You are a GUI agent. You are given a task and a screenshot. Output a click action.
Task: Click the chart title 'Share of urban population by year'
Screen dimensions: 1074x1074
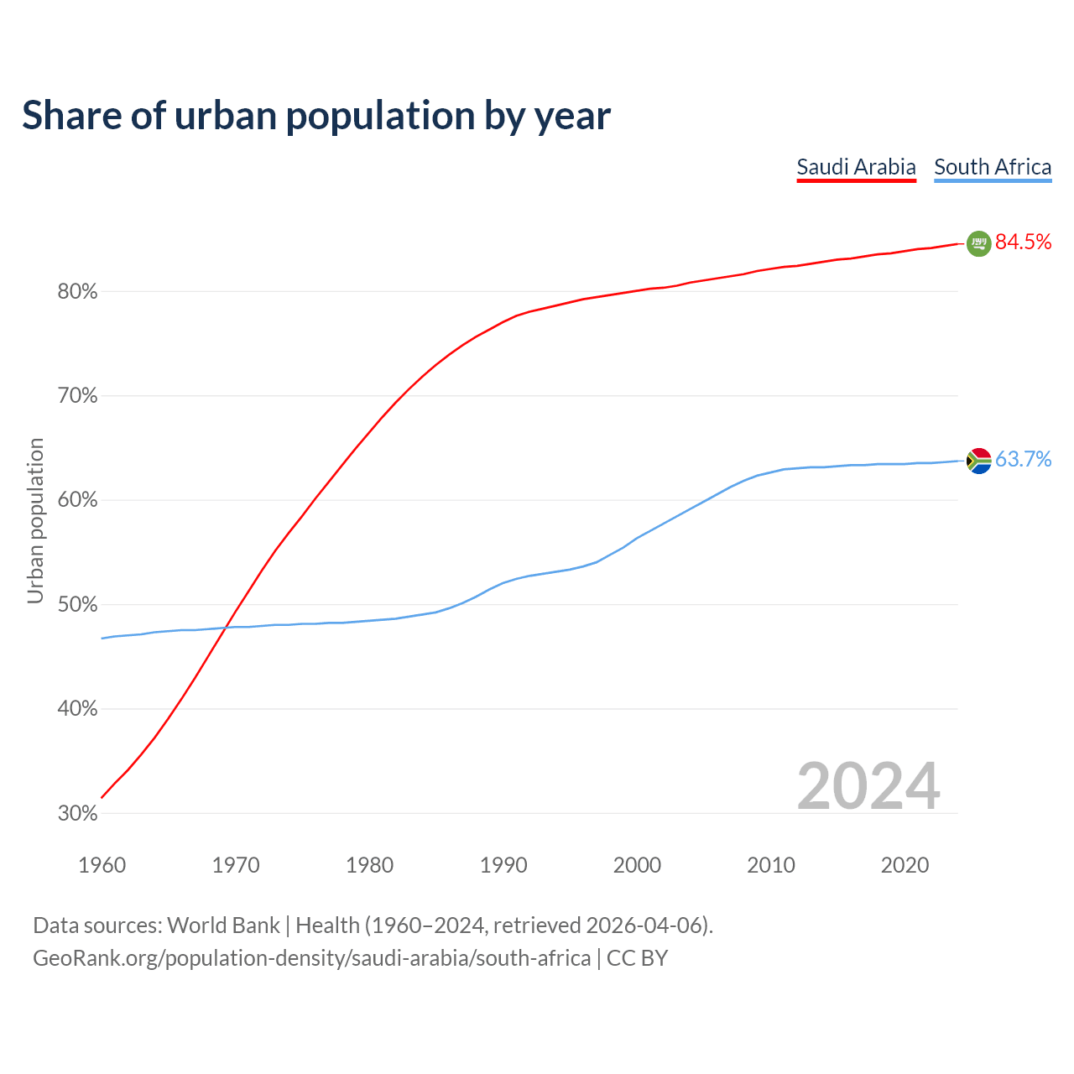(x=316, y=116)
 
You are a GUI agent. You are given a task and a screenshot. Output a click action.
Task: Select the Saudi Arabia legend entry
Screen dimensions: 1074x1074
(x=856, y=167)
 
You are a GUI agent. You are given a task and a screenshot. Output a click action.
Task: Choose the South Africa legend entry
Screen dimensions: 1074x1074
(x=993, y=167)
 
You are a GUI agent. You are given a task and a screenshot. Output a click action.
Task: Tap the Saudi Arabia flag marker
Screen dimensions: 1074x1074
(x=978, y=243)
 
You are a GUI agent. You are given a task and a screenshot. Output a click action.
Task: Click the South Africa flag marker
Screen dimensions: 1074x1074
(x=978, y=461)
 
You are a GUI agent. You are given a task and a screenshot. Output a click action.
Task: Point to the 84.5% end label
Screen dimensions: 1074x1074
(x=1024, y=242)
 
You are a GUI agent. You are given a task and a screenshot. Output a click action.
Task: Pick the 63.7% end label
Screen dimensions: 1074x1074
(x=1024, y=460)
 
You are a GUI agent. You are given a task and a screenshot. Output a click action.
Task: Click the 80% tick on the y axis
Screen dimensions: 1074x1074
(x=77, y=292)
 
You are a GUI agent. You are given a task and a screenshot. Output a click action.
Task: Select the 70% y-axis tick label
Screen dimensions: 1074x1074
(x=77, y=396)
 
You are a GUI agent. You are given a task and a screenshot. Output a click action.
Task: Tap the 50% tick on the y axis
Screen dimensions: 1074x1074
(x=77, y=605)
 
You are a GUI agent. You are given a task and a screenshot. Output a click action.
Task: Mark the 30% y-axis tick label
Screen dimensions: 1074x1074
(x=77, y=814)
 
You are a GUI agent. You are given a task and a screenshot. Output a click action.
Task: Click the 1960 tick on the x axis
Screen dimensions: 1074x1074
(x=102, y=865)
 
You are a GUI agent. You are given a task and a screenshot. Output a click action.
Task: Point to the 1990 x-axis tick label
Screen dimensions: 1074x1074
(x=503, y=865)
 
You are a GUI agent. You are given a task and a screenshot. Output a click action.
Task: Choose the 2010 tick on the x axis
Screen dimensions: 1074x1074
(x=771, y=865)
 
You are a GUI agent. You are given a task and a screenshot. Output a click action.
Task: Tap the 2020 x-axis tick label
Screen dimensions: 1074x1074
(x=905, y=865)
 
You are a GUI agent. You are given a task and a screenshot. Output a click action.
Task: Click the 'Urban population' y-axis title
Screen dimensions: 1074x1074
(x=35, y=520)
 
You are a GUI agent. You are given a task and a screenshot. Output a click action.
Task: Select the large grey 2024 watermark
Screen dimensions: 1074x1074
(x=868, y=786)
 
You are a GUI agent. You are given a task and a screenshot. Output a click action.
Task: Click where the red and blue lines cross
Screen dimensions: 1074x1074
(x=226, y=627)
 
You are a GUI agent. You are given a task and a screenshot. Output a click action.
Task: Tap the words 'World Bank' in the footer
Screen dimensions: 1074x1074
(x=223, y=925)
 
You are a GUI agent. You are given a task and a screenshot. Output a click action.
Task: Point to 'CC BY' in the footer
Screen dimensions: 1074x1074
(x=637, y=958)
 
